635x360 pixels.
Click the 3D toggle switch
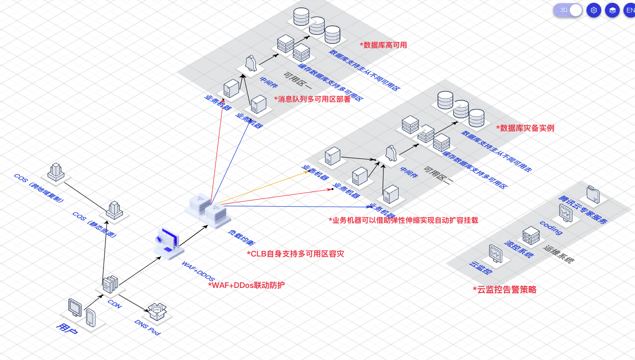click(568, 10)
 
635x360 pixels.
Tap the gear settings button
click(594, 10)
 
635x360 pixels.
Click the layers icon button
click(612, 10)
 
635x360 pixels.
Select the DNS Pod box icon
click(157, 311)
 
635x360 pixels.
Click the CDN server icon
click(110, 284)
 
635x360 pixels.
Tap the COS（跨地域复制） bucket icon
click(55, 172)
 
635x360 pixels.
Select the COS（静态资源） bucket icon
click(114, 210)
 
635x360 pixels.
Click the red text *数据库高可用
click(383, 45)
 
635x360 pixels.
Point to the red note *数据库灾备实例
click(524, 128)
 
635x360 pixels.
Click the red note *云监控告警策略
click(504, 290)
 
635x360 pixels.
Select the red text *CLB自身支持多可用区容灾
click(295, 254)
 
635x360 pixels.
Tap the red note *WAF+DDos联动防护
click(246, 285)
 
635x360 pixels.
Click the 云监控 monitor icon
click(495, 254)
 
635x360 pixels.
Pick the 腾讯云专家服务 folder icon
click(593, 195)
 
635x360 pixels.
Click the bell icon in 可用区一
click(250, 63)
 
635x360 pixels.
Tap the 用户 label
click(67, 329)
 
